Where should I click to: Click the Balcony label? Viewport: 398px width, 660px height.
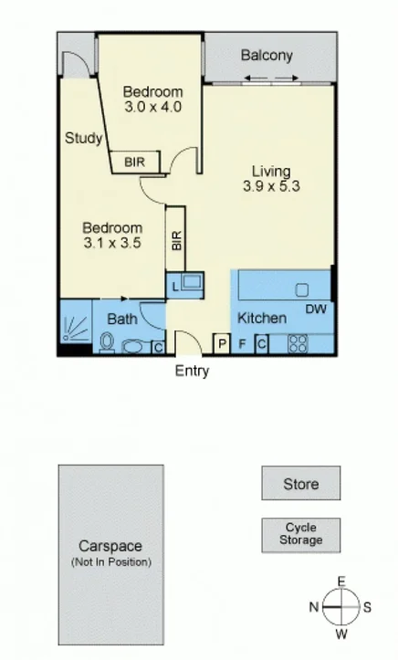(x=267, y=56)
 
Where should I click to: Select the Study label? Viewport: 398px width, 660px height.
(x=82, y=138)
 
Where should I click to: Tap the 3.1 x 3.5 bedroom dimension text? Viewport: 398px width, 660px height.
(x=112, y=243)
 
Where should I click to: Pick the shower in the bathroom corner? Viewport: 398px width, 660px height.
(x=76, y=326)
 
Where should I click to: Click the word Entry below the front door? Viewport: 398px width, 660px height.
(x=192, y=371)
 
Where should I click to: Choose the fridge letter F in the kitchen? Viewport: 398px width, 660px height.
(x=243, y=344)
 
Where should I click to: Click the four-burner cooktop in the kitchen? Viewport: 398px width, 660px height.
(x=298, y=344)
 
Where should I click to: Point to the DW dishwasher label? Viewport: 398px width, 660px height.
(x=315, y=309)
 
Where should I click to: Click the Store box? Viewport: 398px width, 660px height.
(x=301, y=484)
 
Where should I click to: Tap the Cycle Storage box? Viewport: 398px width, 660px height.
(x=301, y=534)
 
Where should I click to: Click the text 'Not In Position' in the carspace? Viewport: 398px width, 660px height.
(x=111, y=562)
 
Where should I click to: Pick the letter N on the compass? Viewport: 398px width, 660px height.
(x=313, y=606)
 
